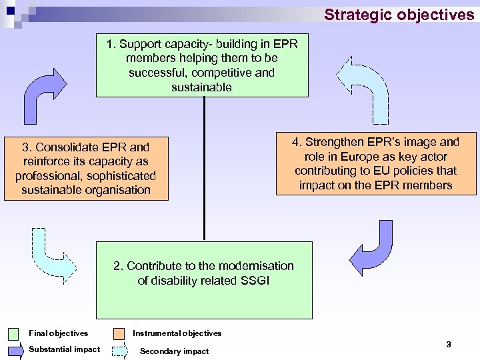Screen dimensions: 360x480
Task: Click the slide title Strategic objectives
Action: point(399,14)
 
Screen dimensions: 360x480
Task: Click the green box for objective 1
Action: point(202,65)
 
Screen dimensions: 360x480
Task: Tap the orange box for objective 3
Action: point(85,168)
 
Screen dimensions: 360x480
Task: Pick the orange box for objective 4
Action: point(377,163)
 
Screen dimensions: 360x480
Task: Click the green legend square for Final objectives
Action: point(15,333)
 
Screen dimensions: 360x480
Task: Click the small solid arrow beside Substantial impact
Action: point(15,350)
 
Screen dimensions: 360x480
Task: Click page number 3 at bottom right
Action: point(448,344)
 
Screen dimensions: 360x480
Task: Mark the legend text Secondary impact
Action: point(174,351)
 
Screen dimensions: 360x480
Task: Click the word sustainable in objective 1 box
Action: point(201,87)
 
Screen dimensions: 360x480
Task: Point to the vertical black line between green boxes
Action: point(203,167)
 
